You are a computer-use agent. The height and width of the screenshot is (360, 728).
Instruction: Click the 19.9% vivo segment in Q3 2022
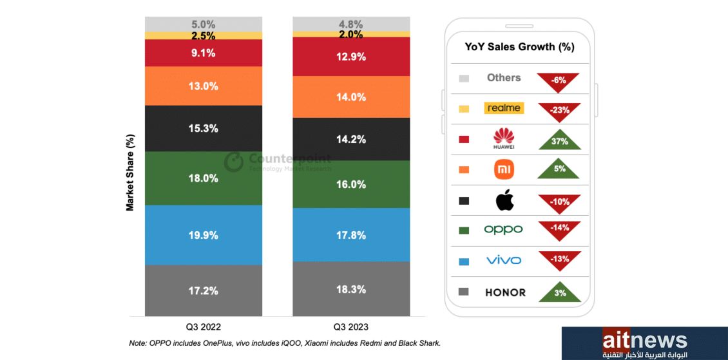[203, 234]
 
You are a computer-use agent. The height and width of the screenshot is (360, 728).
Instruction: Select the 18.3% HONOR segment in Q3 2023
[351, 289]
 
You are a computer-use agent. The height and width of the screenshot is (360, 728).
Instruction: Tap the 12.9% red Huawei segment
[351, 57]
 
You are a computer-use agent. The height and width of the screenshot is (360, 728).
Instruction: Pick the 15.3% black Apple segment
[203, 128]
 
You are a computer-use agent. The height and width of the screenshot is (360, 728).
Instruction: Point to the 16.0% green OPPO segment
[351, 184]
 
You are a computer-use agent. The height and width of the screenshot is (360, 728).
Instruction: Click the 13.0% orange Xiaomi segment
[203, 86]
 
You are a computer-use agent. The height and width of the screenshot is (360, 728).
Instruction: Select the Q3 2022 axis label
[204, 327]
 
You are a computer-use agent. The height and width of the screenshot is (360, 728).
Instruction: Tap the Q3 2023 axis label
[351, 327]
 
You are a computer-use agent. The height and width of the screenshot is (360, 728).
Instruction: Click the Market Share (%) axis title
[130, 173]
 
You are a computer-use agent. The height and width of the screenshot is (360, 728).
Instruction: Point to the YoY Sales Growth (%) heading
[519, 47]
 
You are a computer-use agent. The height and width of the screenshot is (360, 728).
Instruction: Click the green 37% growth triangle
[559, 140]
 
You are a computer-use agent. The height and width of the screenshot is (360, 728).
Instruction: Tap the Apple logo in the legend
[504, 200]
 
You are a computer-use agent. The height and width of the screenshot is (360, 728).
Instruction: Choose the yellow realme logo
[504, 108]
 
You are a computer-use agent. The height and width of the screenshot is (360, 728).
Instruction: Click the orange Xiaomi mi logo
[504, 170]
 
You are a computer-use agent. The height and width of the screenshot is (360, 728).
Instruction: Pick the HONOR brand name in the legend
[505, 292]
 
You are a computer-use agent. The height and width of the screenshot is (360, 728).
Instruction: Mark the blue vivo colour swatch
[463, 261]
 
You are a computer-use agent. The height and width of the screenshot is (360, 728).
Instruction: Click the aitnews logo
[644, 342]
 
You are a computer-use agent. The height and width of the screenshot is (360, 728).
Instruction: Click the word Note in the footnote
[137, 343]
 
